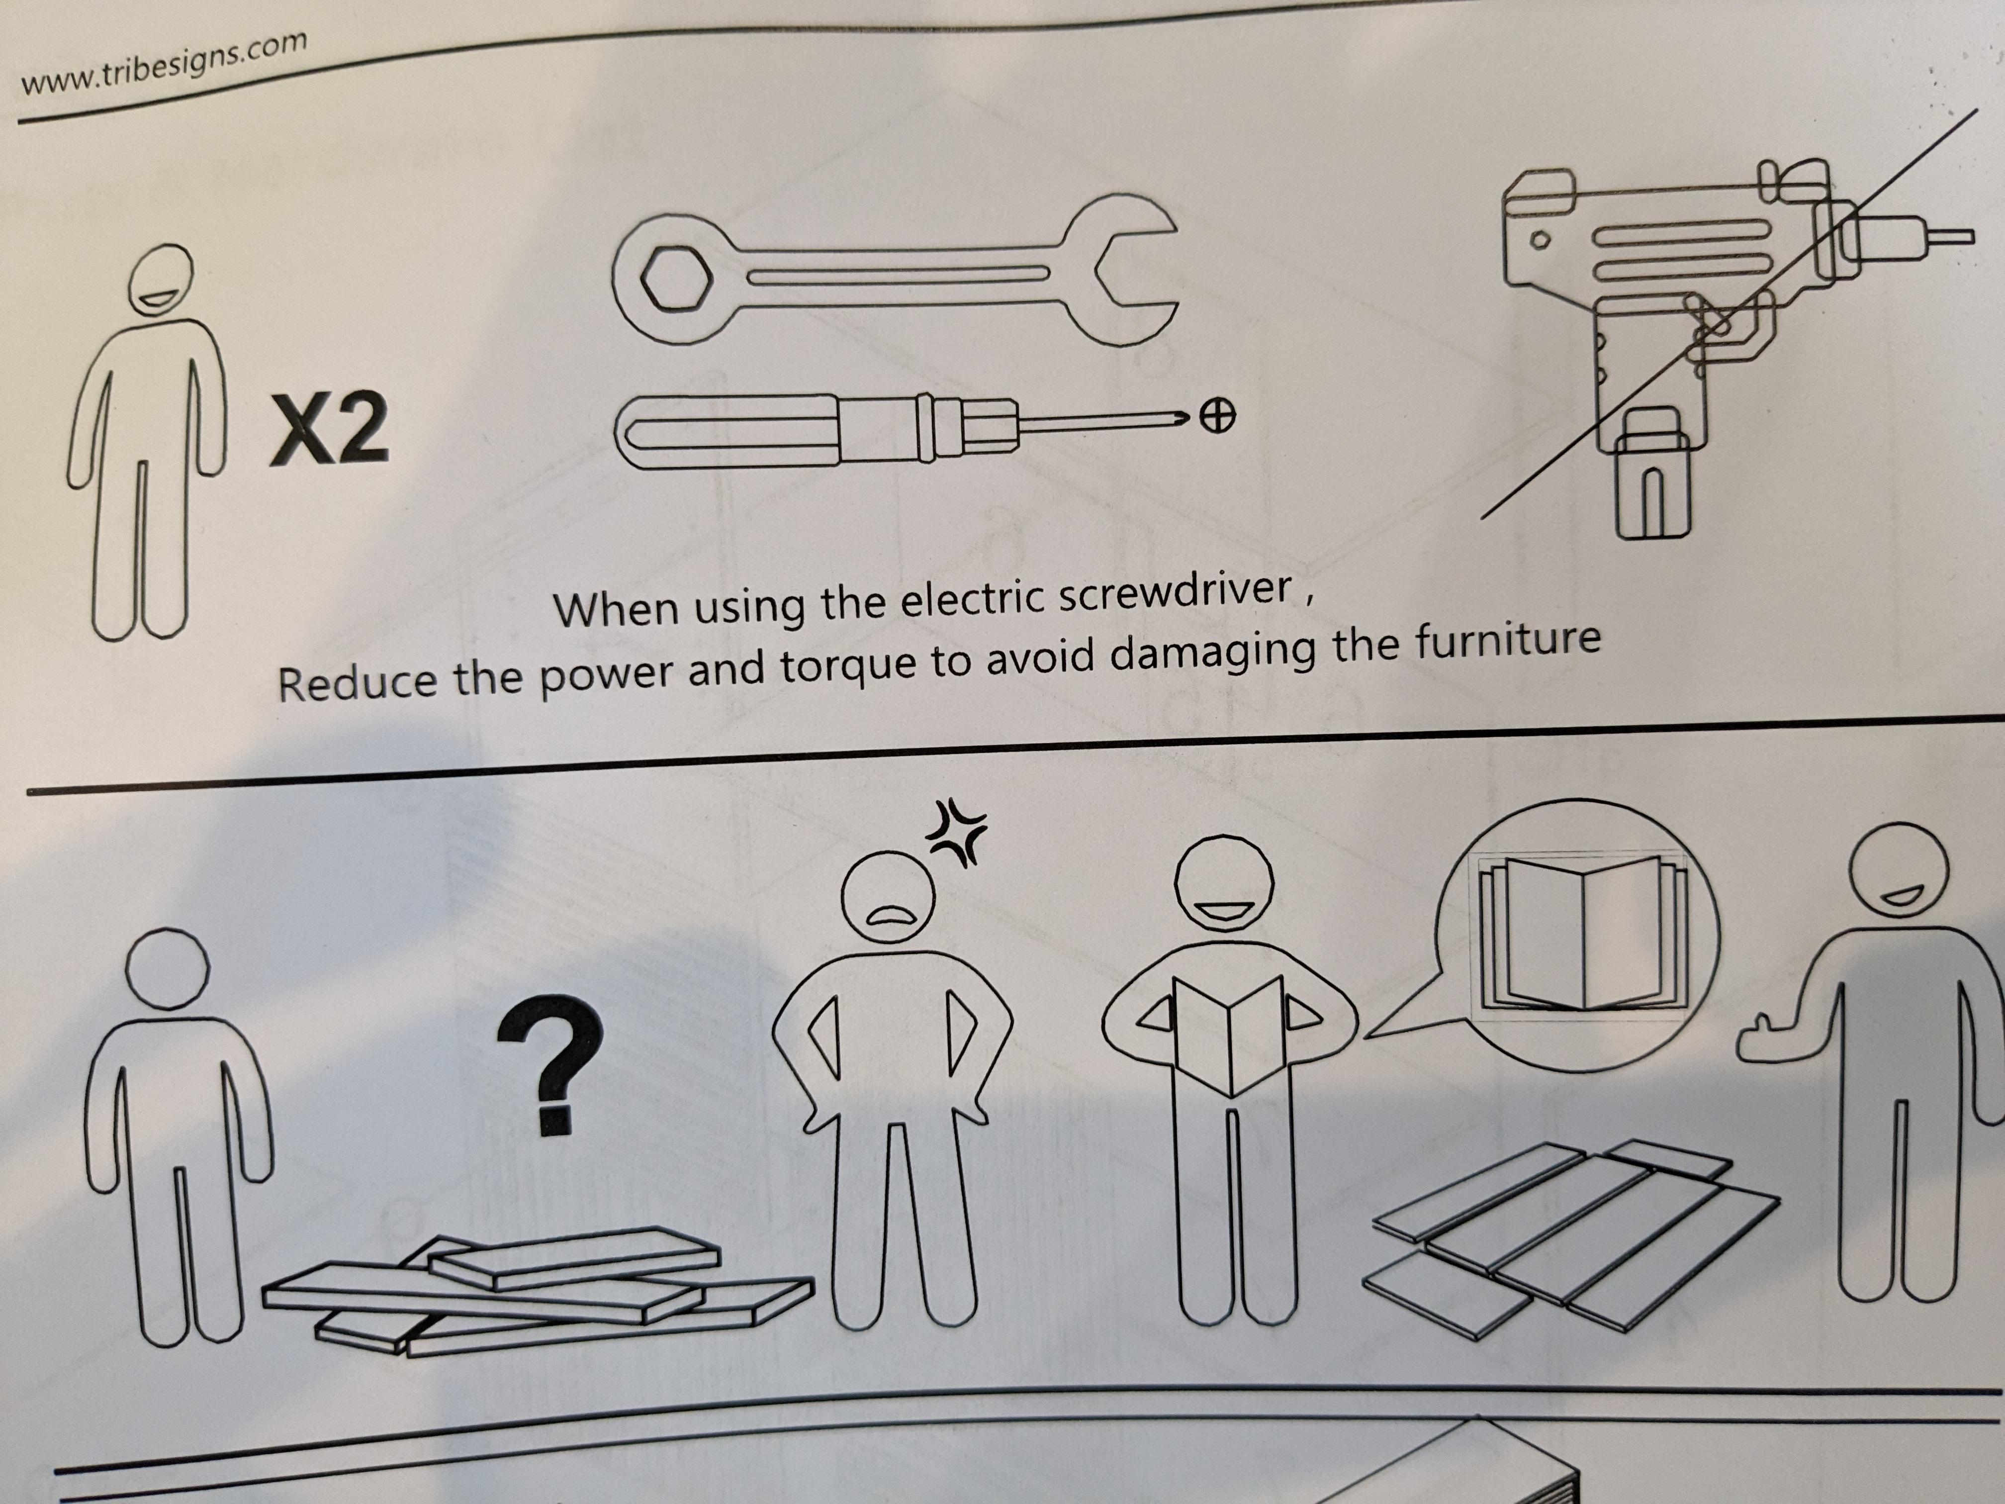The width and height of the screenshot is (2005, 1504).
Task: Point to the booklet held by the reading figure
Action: tap(1228, 1034)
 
